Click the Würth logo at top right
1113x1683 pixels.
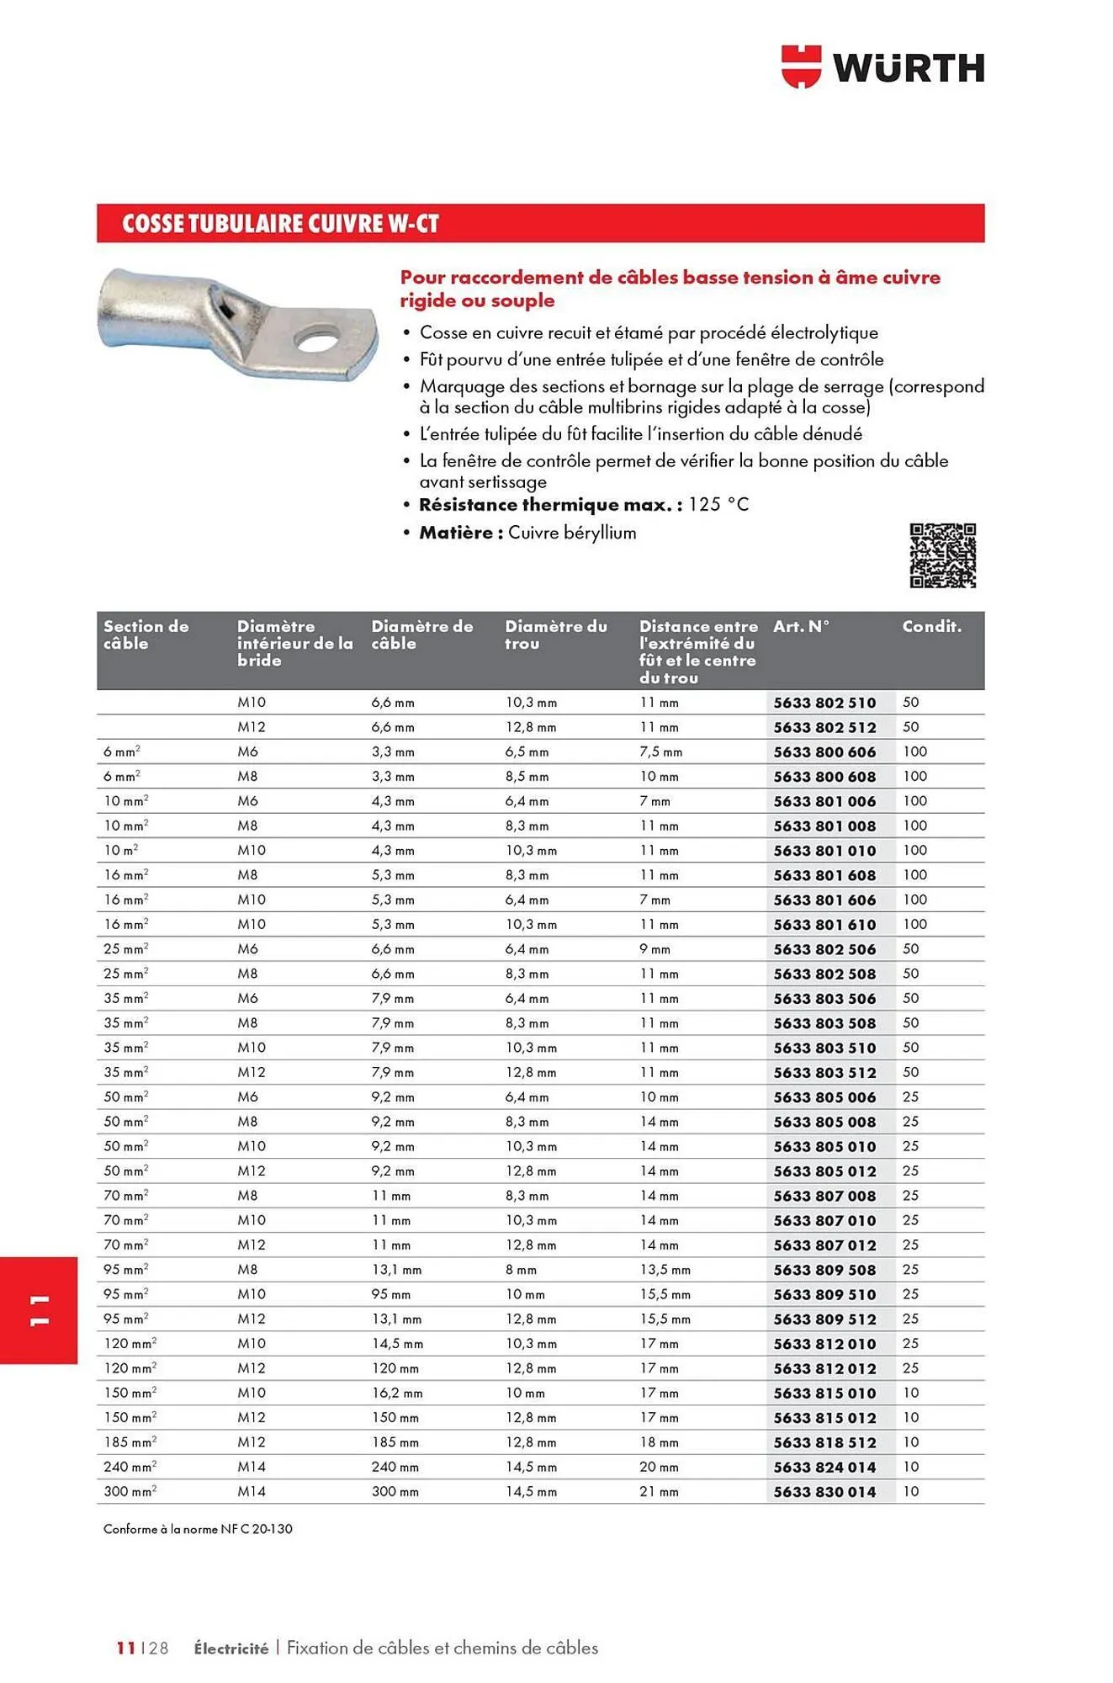click(x=882, y=66)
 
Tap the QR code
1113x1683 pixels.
click(x=942, y=555)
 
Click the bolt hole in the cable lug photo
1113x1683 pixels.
click(x=315, y=340)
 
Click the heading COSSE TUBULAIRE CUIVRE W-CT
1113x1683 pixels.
click(x=280, y=224)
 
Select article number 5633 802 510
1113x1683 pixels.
click(x=824, y=703)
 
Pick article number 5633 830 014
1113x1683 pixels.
click(x=824, y=1492)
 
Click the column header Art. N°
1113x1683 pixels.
click(x=801, y=626)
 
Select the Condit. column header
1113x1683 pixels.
click(x=931, y=626)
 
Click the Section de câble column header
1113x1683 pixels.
click(x=146, y=634)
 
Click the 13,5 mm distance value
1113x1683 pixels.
click(x=665, y=1270)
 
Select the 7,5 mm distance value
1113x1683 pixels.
click(x=660, y=752)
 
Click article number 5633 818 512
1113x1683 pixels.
click(x=824, y=1442)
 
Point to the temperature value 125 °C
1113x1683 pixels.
click(x=718, y=505)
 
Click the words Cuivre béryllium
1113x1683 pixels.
click(x=572, y=533)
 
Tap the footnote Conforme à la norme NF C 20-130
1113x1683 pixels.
click(x=198, y=1529)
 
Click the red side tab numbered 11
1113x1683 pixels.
click(x=39, y=1310)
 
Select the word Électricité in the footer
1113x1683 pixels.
click(x=231, y=1648)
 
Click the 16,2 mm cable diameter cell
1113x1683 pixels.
click(x=396, y=1394)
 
